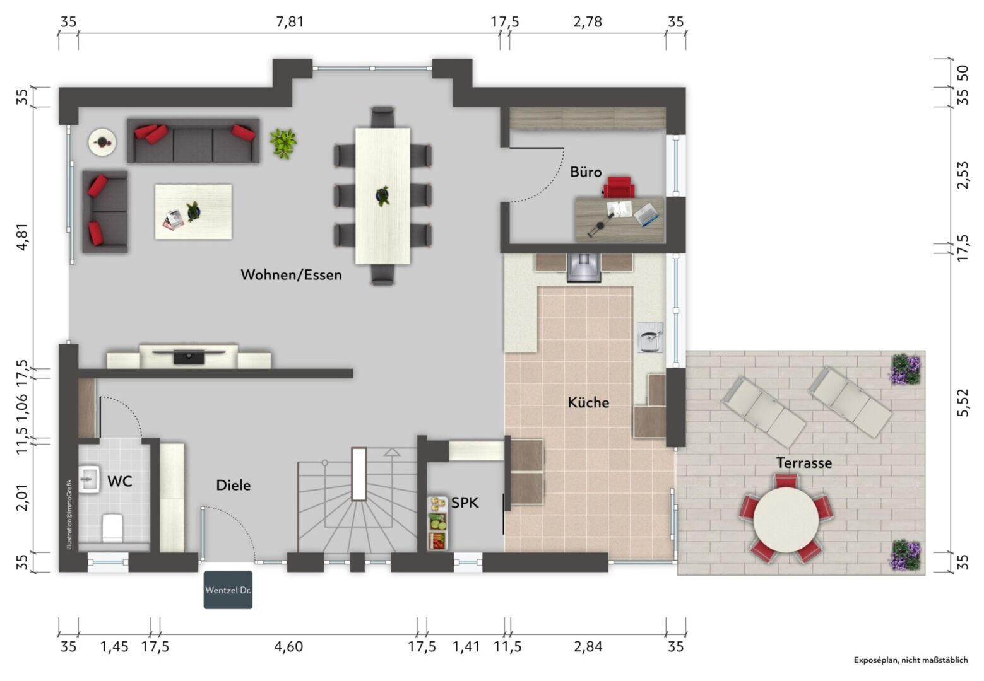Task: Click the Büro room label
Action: click(586, 172)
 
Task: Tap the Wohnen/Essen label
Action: click(291, 275)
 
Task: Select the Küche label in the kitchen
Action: click(588, 402)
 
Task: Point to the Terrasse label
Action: click(804, 463)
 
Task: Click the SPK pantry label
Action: click(465, 503)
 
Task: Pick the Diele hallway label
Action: click(234, 486)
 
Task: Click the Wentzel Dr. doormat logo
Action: click(228, 590)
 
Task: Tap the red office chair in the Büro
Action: click(619, 187)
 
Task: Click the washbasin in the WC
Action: click(90, 480)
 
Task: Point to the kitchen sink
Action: click(649, 337)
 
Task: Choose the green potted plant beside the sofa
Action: click(283, 143)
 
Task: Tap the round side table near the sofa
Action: click(102, 142)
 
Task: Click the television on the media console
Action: click(189, 356)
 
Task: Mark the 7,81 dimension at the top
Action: click(290, 21)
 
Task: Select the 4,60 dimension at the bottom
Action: click(288, 646)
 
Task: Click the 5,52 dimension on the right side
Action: click(963, 402)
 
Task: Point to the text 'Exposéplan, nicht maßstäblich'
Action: click(911, 660)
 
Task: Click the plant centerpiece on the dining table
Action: click(382, 195)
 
